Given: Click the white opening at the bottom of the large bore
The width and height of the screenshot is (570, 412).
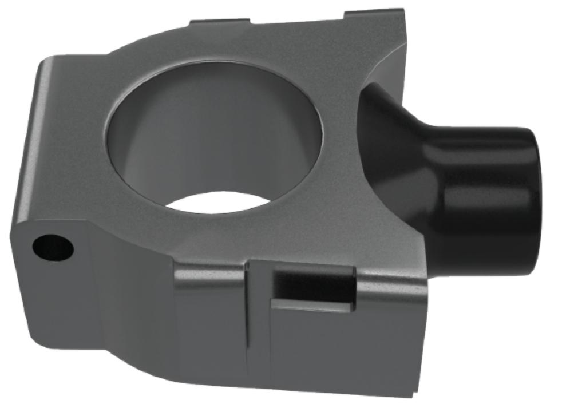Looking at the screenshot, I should coord(220,203).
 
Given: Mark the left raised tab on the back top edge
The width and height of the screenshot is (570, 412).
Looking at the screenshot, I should coord(220,23).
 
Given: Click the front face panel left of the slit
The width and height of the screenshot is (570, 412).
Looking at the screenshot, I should coord(209,326).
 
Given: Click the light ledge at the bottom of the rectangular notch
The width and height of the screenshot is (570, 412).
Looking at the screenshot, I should coord(312,306).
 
